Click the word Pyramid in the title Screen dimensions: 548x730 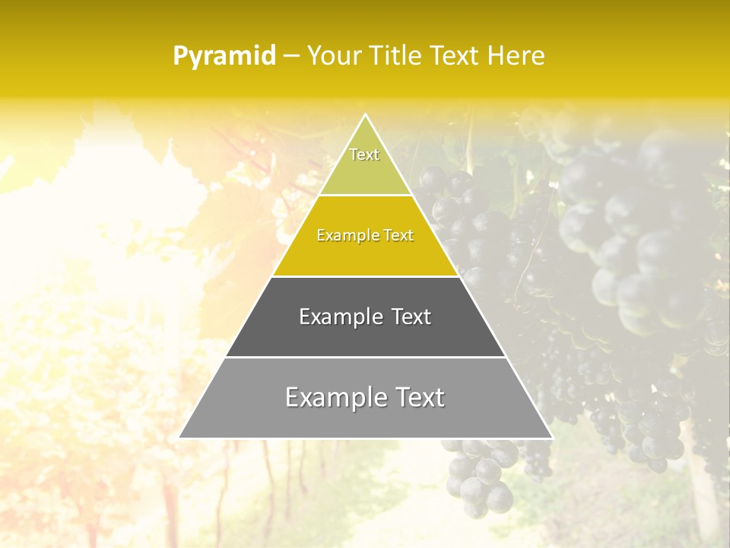tap(224, 56)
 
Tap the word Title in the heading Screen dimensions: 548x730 tap(399, 56)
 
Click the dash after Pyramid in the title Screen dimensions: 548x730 tap(292, 56)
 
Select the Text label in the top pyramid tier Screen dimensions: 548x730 tap(364, 155)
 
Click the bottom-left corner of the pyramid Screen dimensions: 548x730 tap(180, 438)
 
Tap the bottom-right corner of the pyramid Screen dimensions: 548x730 tap(551, 438)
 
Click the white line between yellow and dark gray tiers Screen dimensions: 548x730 tap(366, 276)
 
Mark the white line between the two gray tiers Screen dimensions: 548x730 tap(366, 357)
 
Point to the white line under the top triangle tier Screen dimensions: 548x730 tap(366, 196)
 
